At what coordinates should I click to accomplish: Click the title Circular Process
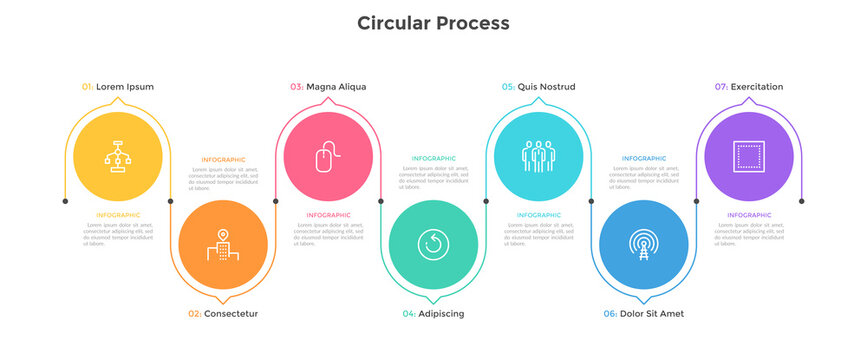(433, 23)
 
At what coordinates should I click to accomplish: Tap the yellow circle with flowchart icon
(118, 157)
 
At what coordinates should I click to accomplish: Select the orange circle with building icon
(223, 245)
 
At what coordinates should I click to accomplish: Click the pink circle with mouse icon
(328, 157)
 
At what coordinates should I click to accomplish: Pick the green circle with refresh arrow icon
(433, 245)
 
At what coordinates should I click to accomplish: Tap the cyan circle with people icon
(538, 157)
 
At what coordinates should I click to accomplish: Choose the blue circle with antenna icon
(643, 245)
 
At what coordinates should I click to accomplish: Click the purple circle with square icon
(749, 157)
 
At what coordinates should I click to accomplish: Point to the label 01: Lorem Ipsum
(118, 87)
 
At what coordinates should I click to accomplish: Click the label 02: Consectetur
(223, 314)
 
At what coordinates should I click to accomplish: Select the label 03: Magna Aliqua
(328, 87)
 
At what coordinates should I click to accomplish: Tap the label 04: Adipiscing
(433, 314)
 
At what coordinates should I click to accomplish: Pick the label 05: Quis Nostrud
(538, 87)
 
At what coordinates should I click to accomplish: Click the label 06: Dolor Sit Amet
(643, 314)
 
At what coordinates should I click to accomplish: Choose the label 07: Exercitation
(749, 87)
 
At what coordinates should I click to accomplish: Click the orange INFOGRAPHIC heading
(223, 159)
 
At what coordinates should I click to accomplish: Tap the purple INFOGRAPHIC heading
(749, 215)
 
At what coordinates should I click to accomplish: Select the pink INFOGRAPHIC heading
(328, 215)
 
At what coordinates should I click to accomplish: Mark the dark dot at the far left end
(65, 201)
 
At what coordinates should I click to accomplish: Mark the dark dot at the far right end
(802, 201)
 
